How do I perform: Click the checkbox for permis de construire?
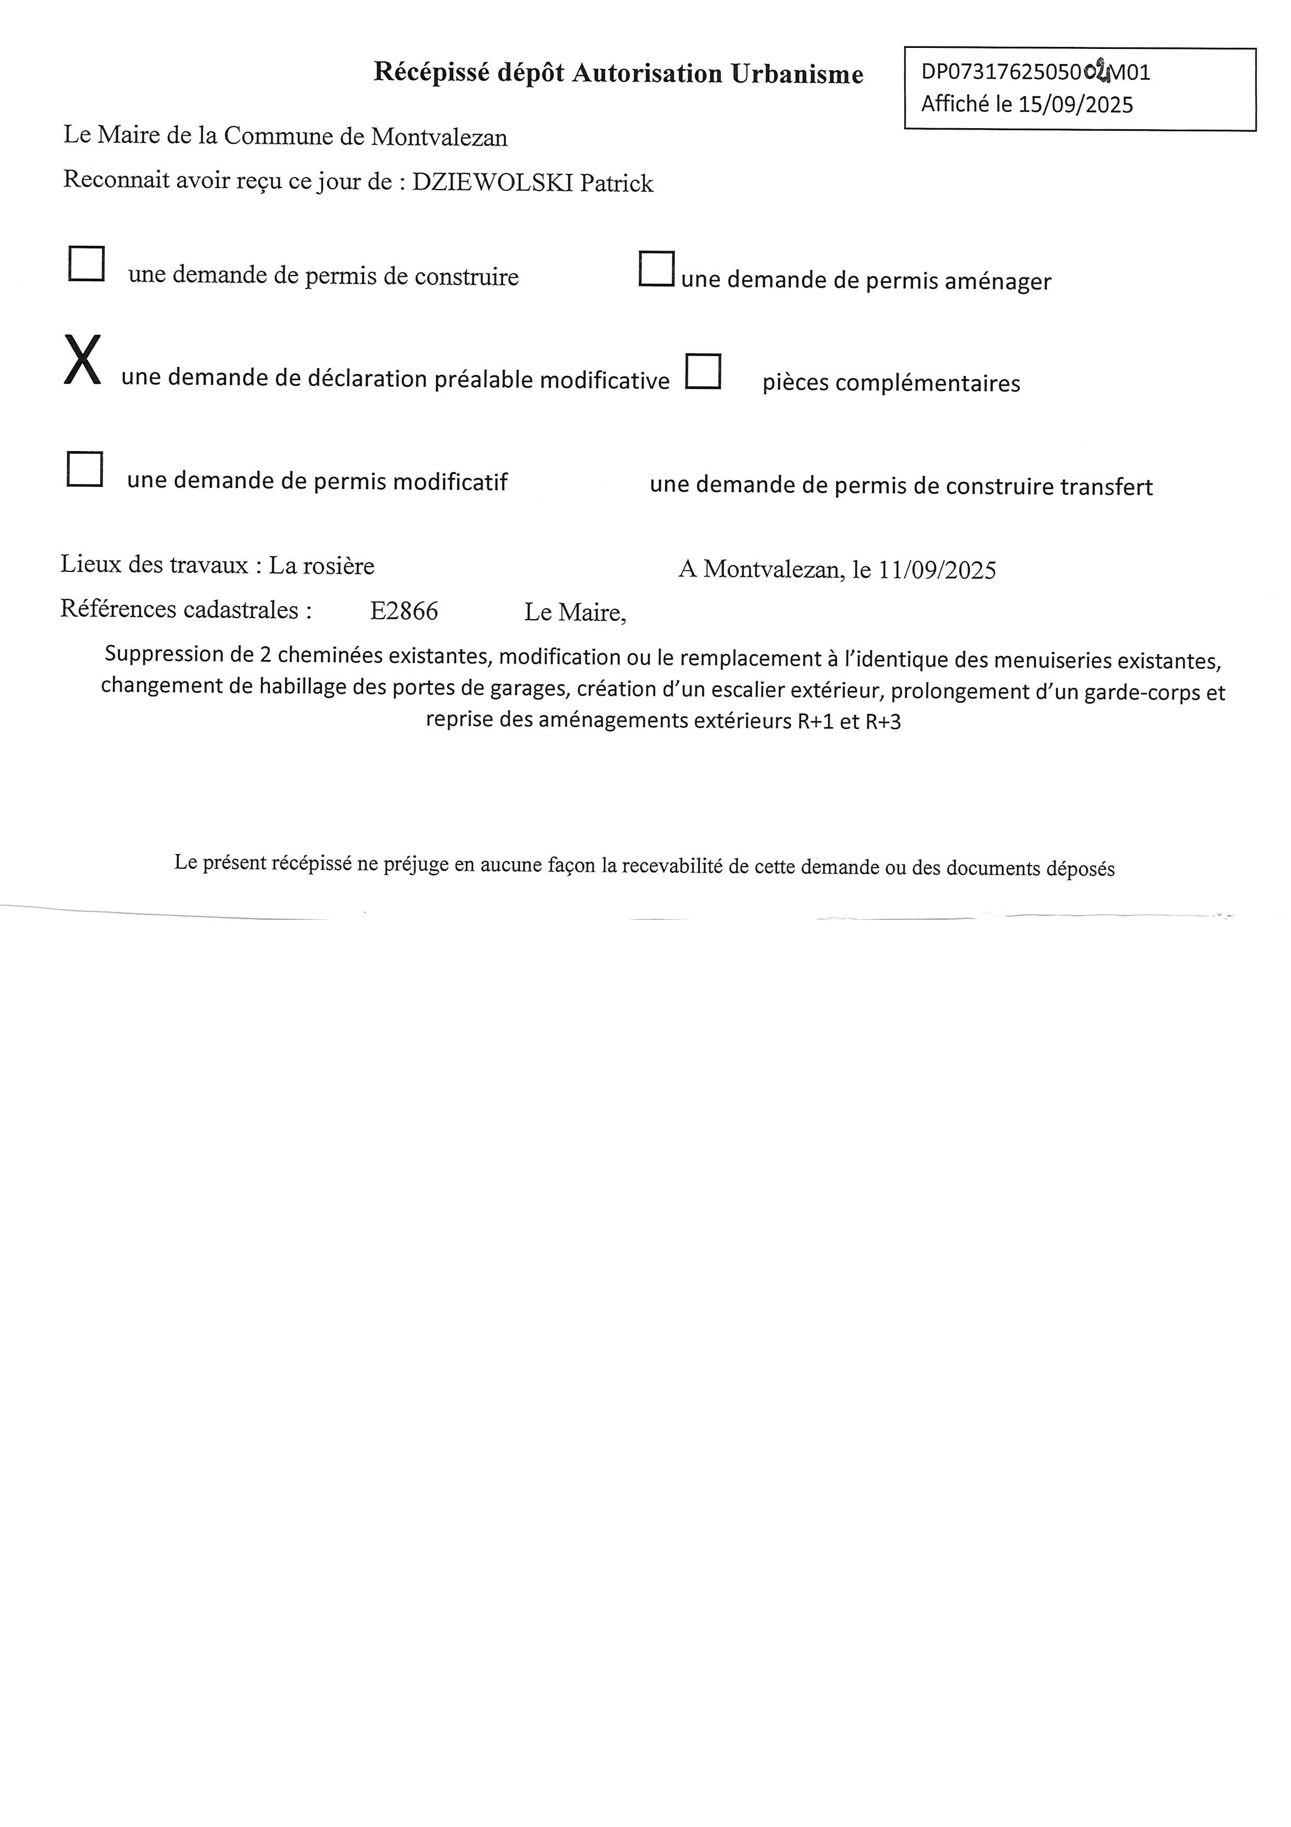pos(86,264)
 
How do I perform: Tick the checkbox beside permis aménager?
pos(656,268)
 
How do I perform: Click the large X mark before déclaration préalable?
pos(83,360)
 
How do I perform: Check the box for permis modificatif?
pos(84,469)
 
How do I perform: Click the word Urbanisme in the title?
pos(797,74)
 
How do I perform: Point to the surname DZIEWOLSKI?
pos(492,182)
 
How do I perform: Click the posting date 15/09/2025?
pos(1075,104)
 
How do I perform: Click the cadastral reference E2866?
pos(404,611)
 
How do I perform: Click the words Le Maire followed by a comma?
pos(574,612)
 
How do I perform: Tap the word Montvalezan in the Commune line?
pos(439,137)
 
